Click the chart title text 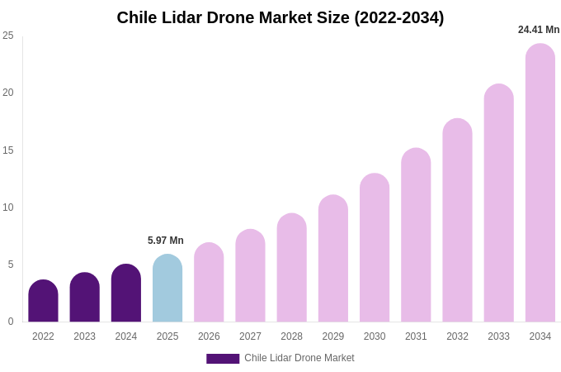(x=280, y=17)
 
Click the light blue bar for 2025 (x=167, y=289)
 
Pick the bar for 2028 (x=291, y=269)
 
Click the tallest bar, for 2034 (x=540, y=184)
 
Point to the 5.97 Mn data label (x=166, y=241)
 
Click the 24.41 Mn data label (x=539, y=30)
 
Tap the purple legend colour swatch (x=223, y=359)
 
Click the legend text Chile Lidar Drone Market (x=299, y=358)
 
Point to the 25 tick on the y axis (x=8, y=36)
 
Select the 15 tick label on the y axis (x=8, y=150)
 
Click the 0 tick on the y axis (x=11, y=322)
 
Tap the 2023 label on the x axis (x=84, y=336)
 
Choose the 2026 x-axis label (x=209, y=336)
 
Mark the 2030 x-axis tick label (x=375, y=336)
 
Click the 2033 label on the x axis (x=498, y=336)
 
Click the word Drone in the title (x=256, y=17)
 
